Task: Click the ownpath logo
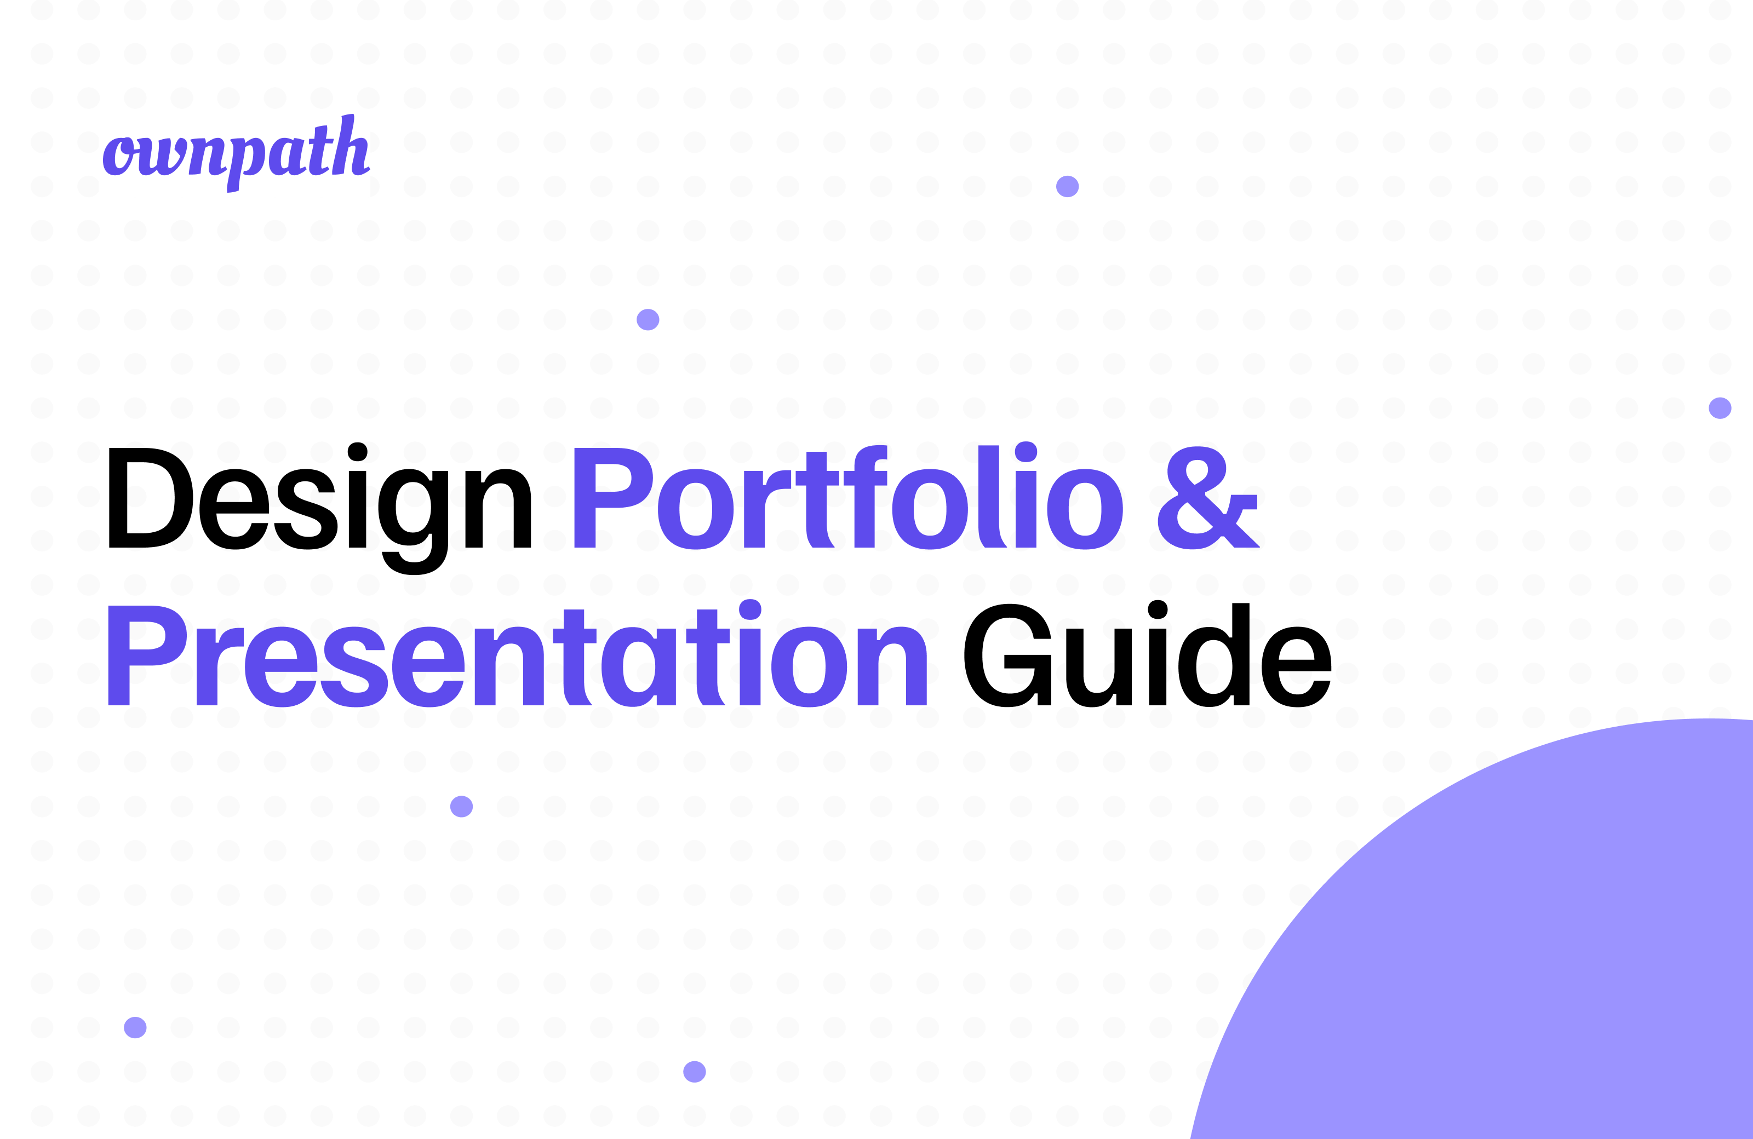[x=236, y=154]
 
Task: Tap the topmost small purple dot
[x=1067, y=186]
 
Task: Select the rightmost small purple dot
[x=1720, y=408]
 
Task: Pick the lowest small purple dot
[x=695, y=1072]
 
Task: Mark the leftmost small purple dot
[x=135, y=1027]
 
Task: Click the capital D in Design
[x=150, y=498]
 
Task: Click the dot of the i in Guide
[x=1158, y=609]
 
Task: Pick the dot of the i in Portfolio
[x=1026, y=452]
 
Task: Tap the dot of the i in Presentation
[x=750, y=609]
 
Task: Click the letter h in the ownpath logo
[x=353, y=147]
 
